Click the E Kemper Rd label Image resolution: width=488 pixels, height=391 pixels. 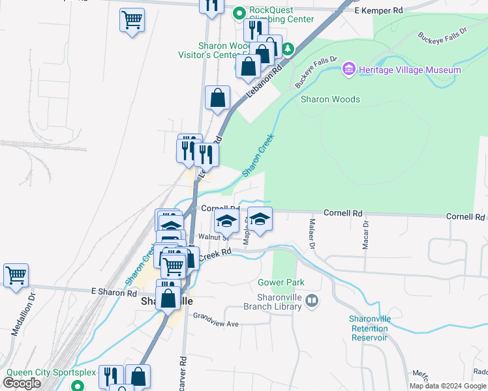(x=378, y=11)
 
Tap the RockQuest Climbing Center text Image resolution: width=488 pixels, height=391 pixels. (x=282, y=15)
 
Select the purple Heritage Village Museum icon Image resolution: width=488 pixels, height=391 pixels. (x=349, y=69)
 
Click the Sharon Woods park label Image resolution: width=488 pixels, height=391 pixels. (x=329, y=99)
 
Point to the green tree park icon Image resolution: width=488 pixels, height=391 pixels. (x=287, y=50)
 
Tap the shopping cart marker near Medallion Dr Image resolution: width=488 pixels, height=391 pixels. (x=16, y=274)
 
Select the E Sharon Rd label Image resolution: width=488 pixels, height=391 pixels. (x=114, y=293)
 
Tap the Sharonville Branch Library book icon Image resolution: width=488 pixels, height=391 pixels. (x=313, y=300)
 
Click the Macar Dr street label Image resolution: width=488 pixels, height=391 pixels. (x=365, y=235)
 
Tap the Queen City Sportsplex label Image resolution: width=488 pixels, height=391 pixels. (x=51, y=373)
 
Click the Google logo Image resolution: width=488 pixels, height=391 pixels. (x=22, y=383)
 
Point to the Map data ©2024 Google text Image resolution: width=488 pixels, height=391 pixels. (x=448, y=386)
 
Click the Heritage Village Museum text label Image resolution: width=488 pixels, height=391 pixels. (x=409, y=70)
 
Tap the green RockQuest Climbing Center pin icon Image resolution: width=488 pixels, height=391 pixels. (x=239, y=12)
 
